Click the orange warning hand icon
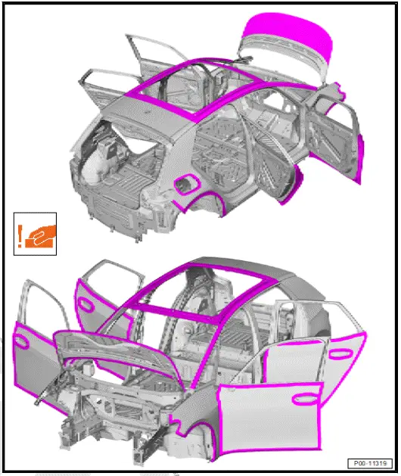[33, 232]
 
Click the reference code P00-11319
[370, 462]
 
